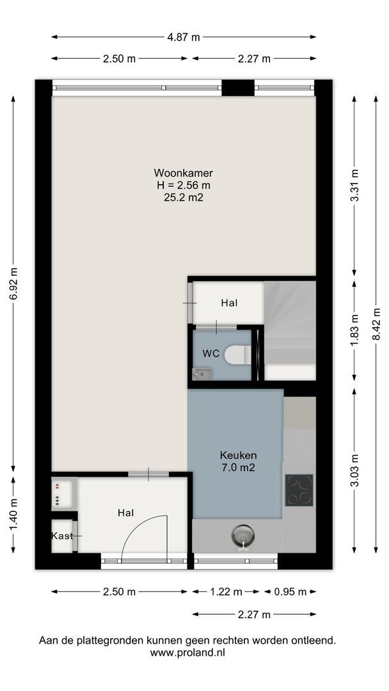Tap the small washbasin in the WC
(x=202, y=374)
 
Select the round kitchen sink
(x=242, y=536)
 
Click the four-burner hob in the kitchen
(x=299, y=489)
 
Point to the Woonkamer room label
(x=183, y=172)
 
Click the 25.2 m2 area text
(x=183, y=198)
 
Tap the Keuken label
(x=239, y=456)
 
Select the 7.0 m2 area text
(x=239, y=468)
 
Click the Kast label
(x=62, y=536)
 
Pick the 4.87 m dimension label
(x=183, y=37)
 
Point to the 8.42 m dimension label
(x=376, y=324)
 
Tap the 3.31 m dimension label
(x=354, y=185)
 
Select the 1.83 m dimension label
(x=354, y=331)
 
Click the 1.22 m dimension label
(x=225, y=592)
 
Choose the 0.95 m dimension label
(x=290, y=592)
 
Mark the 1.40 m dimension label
(x=13, y=514)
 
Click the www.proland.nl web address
(x=187, y=653)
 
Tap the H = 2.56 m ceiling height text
(x=183, y=185)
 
